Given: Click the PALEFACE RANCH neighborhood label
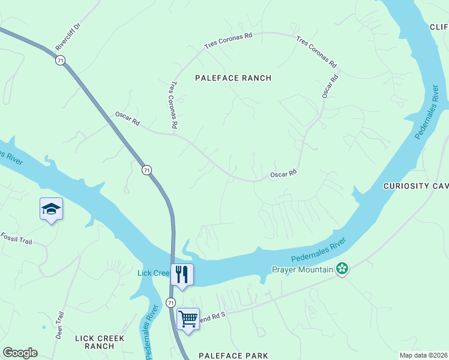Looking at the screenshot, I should coord(233,78).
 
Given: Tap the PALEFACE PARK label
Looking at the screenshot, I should coord(233,356).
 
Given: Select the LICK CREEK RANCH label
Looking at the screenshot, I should coord(100,342).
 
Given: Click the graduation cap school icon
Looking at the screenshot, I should coord(51,209).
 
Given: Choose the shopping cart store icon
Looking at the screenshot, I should coord(188,319).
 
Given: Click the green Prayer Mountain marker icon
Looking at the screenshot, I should coord(342,269).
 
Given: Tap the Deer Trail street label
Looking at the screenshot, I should coord(59,325).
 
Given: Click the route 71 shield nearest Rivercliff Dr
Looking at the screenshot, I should coord(59,61).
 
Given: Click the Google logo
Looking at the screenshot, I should coord(20,353).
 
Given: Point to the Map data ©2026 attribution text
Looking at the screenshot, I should coord(423,355).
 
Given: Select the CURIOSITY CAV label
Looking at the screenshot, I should coord(415,187).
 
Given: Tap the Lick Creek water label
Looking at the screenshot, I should coord(154,273).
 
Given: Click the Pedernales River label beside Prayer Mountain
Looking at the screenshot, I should coord(319,250).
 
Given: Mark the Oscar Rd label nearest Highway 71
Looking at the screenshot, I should coord(127,118).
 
